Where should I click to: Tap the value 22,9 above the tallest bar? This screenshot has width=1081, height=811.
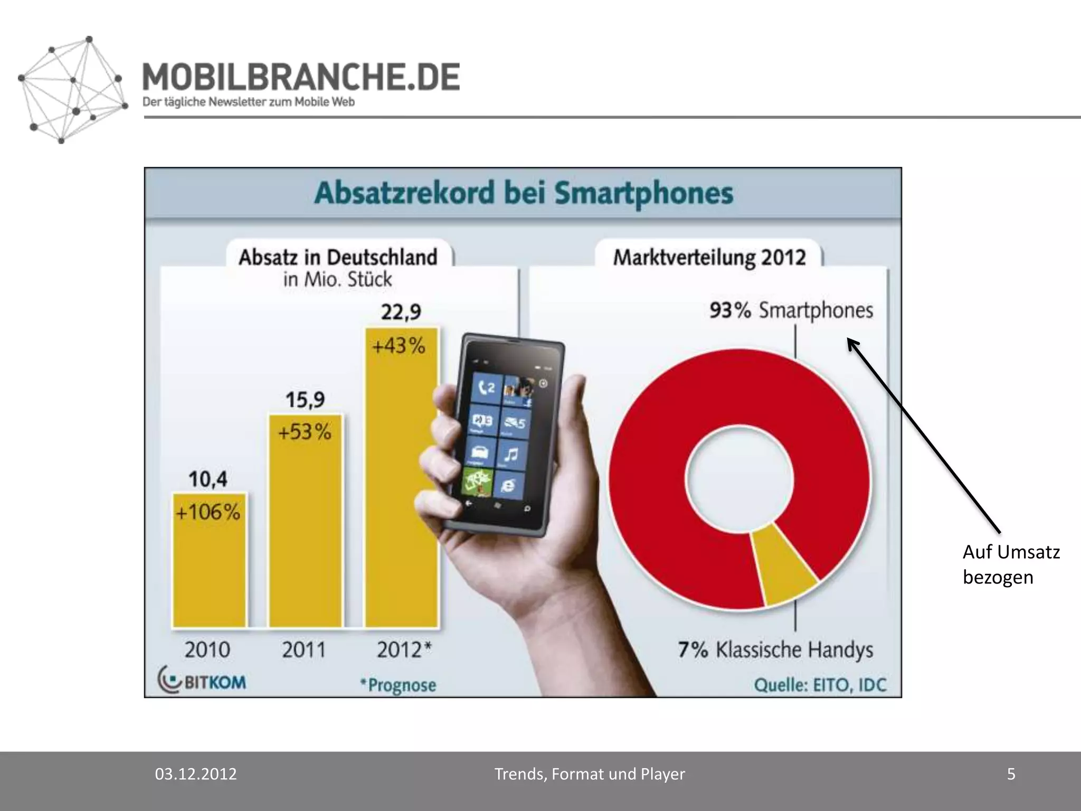click(401, 312)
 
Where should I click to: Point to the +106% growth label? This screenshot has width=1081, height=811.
click(208, 512)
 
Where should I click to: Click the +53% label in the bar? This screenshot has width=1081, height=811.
click(305, 432)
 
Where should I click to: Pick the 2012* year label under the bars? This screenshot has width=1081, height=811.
click(404, 649)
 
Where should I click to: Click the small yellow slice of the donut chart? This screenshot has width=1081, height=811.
click(785, 565)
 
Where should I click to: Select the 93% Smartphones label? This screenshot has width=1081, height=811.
click(791, 310)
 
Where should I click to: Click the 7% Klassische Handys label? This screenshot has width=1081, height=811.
click(775, 649)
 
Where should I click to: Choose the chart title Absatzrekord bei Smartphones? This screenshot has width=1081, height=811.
click(523, 193)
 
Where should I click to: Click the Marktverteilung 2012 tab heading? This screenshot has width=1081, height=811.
click(709, 258)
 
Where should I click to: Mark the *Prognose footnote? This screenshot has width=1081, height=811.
click(399, 685)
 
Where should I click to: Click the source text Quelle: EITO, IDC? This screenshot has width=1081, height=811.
click(820, 685)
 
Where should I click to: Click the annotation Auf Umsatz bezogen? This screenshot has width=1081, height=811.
click(1011, 564)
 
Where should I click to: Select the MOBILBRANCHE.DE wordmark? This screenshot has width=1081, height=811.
click(301, 77)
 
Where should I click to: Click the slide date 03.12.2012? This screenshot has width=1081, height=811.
click(196, 774)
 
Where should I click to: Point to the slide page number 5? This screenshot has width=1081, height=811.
click(1011, 774)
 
